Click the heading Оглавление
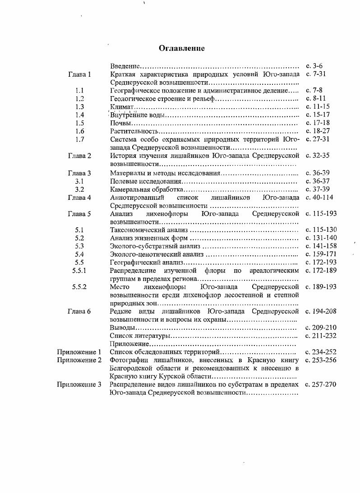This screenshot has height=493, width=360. (182, 48)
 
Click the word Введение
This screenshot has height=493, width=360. (124, 66)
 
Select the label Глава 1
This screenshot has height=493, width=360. (79, 74)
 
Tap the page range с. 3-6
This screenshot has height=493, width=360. (314, 66)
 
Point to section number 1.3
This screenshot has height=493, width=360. (80, 107)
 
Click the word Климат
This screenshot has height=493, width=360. (120, 107)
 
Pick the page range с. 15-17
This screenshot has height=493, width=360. (318, 115)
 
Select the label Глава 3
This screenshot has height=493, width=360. (79, 173)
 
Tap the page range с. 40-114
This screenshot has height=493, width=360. (320, 197)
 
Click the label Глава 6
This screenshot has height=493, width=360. (79, 311)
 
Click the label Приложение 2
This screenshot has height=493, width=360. (79, 360)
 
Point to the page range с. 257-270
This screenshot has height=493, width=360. (321, 384)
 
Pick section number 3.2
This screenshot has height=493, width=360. (80, 189)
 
